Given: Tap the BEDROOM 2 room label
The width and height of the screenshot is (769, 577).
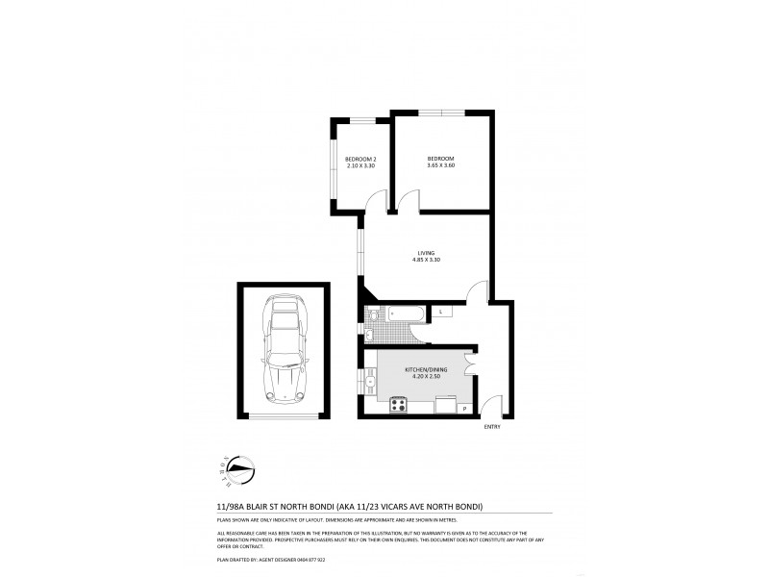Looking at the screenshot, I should [360, 159].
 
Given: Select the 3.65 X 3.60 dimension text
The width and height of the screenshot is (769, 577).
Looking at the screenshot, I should [440, 166].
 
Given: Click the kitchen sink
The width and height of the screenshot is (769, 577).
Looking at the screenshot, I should [370, 382].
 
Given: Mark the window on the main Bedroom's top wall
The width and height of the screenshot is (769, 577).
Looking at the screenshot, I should [442, 113].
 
